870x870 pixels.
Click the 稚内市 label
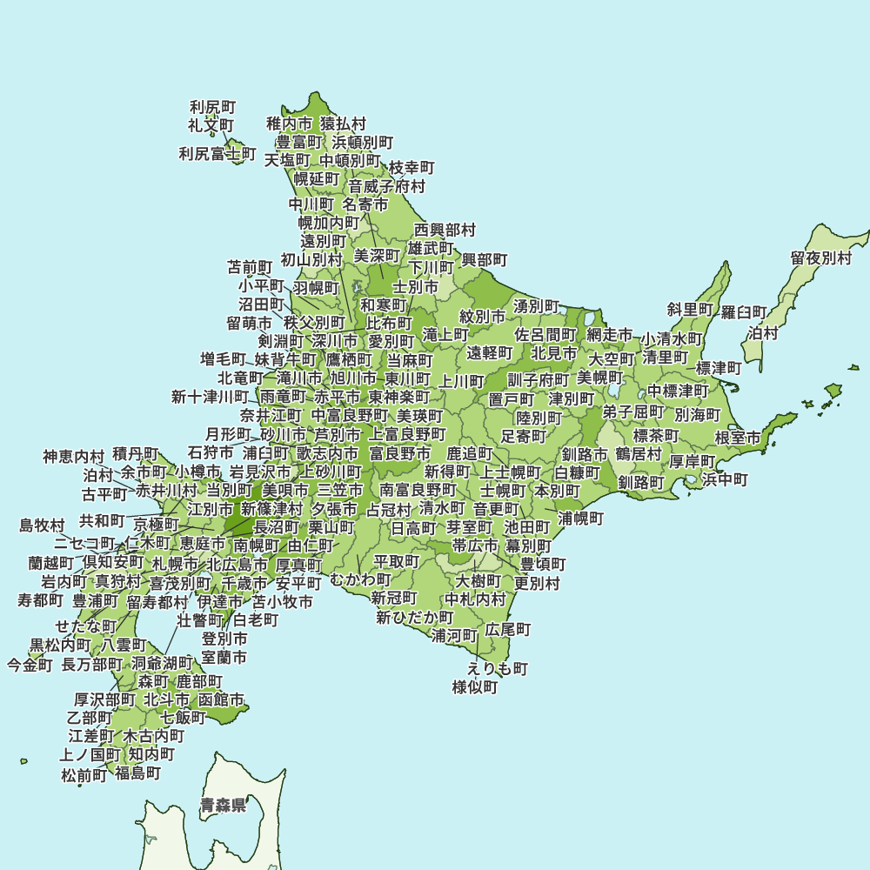tap(289, 124)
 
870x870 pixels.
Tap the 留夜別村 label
tap(821, 258)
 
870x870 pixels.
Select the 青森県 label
tap(223, 805)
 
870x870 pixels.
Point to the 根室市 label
tap(738, 437)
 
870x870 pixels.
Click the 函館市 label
tap(221, 699)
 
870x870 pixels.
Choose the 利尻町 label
tap(213, 107)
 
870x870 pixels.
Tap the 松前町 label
tap(84, 774)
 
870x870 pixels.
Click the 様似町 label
tap(475, 687)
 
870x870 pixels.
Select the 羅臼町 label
tap(744, 312)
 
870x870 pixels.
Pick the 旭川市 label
tap(354, 378)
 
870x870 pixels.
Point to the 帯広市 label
tap(475, 545)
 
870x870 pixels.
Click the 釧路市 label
tap(585, 454)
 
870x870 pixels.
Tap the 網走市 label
tap(610, 335)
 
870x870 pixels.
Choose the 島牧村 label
tap(43, 525)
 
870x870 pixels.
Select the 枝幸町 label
tap(412, 167)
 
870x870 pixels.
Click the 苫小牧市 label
tap(283, 601)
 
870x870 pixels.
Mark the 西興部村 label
tap(445, 231)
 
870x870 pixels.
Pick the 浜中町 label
tap(725, 479)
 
